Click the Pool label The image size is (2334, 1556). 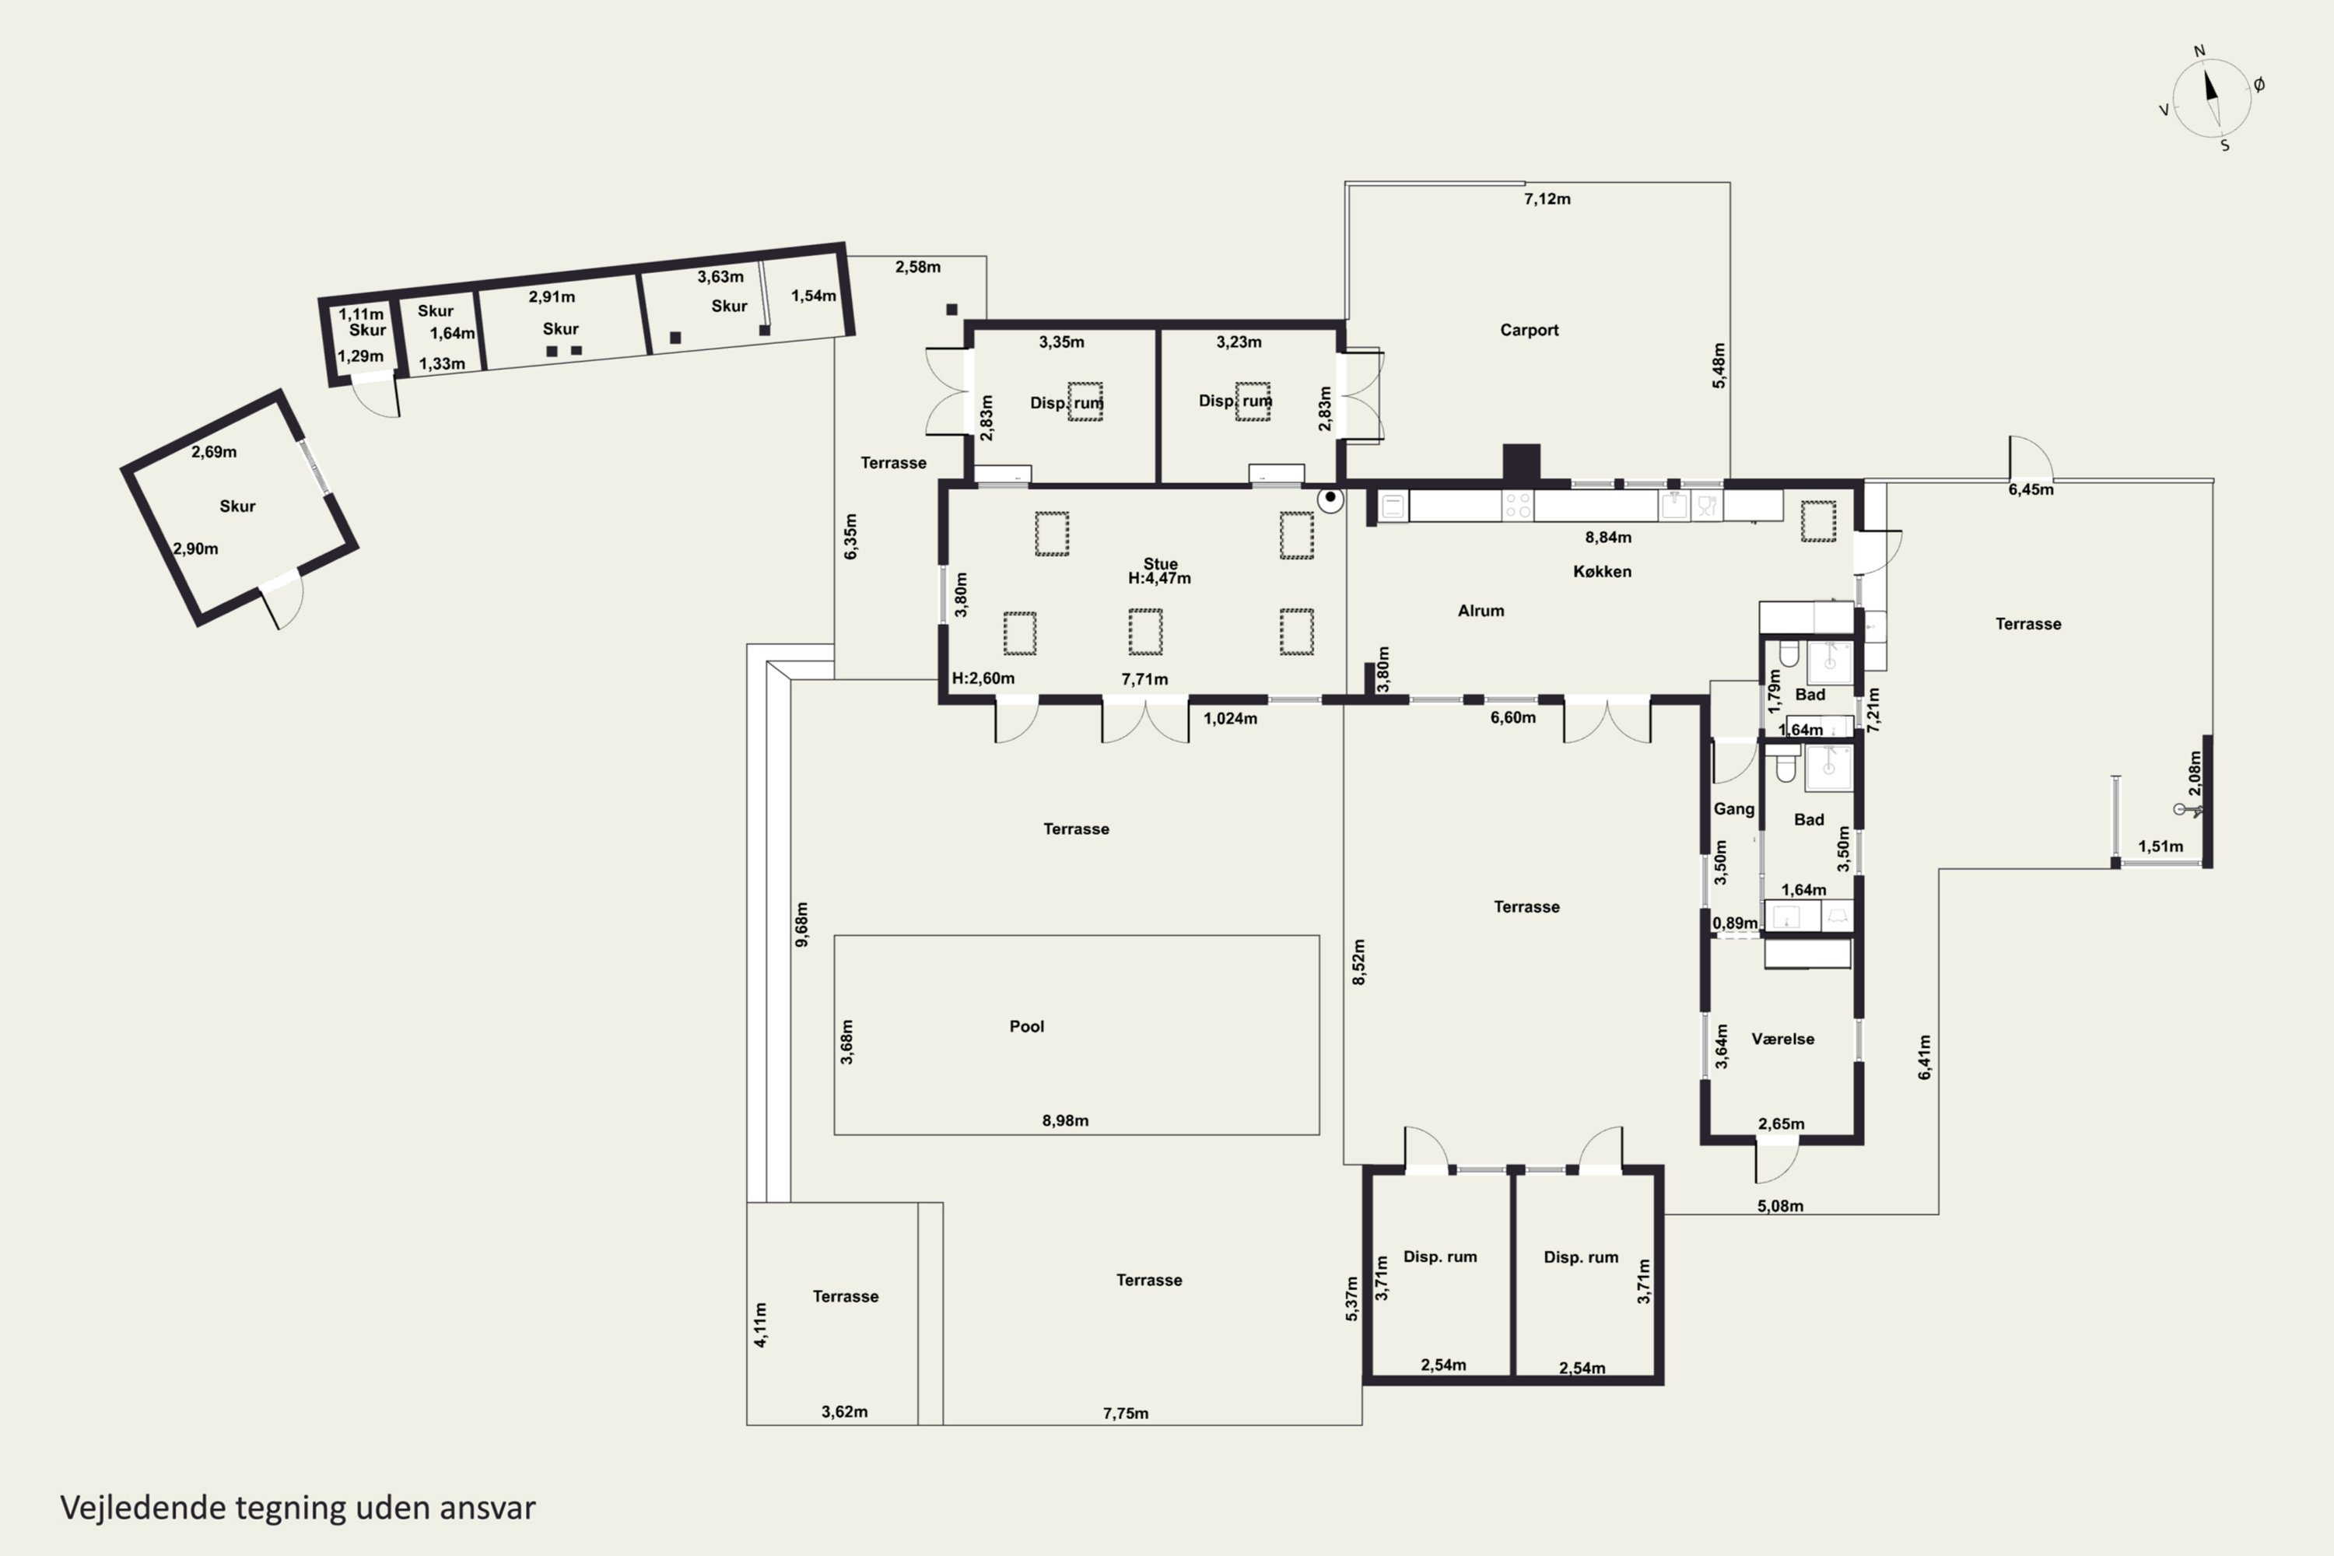tap(1026, 1026)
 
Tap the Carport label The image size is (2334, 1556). tap(1530, 331)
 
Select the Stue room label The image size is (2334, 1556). tap(1160, 563)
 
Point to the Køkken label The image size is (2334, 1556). tap(1602, 572)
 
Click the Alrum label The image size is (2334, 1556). tap(1481, 612)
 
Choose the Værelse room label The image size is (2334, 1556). tap(1782, 1039)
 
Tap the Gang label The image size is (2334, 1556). tap(1733, 809)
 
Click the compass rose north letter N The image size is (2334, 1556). tap(2199, 51)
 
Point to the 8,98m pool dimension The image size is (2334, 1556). tap(1065, 1120)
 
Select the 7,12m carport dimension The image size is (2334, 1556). tap(1547, 199)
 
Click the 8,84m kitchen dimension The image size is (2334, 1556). tap(1607, 538)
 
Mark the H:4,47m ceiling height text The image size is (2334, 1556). tap(1159, 579)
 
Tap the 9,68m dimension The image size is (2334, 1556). tap(802, 924)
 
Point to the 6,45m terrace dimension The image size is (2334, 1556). tap(2031, 489)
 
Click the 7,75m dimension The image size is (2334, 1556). tap(1125, 1413)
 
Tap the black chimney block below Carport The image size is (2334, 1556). tap(1521, 462)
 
